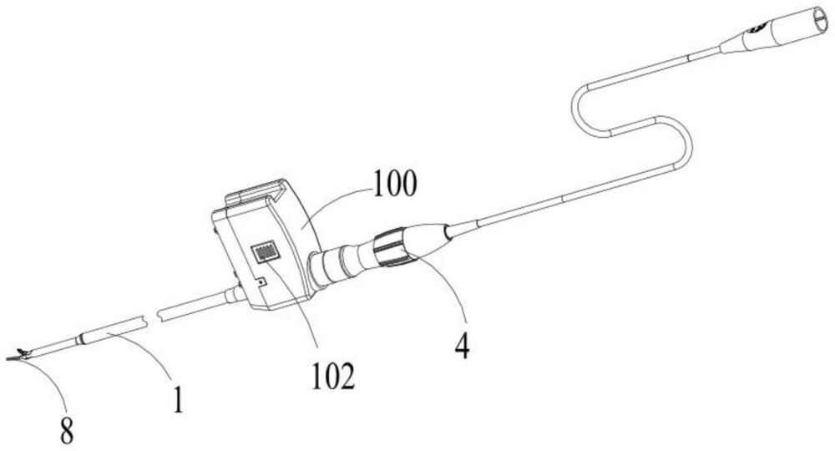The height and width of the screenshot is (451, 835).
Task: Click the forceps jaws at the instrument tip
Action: coord(18,356)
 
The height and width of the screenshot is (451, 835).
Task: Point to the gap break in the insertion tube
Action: coord(152,318)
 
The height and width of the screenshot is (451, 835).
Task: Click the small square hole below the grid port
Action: coord(261,281)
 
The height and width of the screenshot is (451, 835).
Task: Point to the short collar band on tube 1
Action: coord(81,340)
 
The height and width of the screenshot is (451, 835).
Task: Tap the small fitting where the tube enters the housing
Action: coord(233,294)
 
